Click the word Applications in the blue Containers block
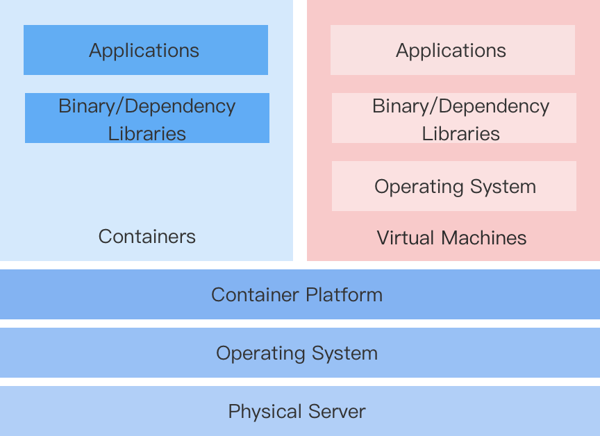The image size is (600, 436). point(144,51)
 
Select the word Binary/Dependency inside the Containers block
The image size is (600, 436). point(147,106)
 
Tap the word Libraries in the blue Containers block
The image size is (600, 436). point(147,133)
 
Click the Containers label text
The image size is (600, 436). point(147,236)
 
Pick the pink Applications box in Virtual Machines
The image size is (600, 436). point(452,50)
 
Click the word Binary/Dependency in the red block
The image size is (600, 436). point(460,106)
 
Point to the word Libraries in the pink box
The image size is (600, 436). point(460,133)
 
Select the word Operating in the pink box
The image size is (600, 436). point(414,187)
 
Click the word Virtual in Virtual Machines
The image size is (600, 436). point(403,237)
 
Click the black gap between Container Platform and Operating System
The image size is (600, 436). point(300,324)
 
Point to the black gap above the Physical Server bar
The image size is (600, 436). point(300,382)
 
